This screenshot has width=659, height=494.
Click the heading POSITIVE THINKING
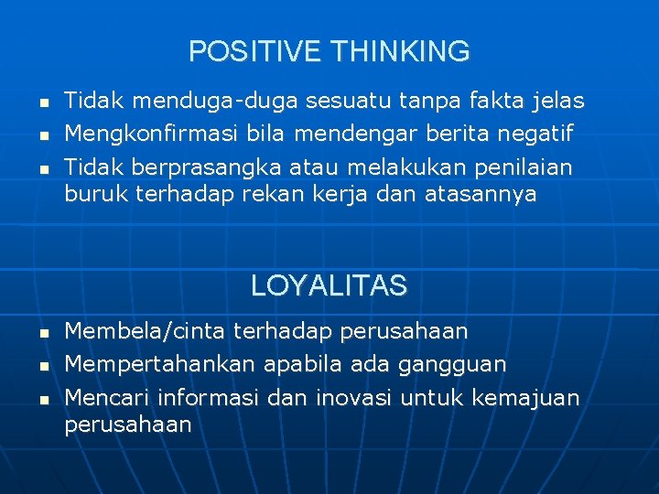coord(329,51)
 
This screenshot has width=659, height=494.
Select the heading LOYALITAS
coord(329,286)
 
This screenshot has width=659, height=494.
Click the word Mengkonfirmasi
coord(151,134)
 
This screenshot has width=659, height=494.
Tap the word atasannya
coord(481,194)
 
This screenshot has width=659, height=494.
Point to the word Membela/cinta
coord(146,330)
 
